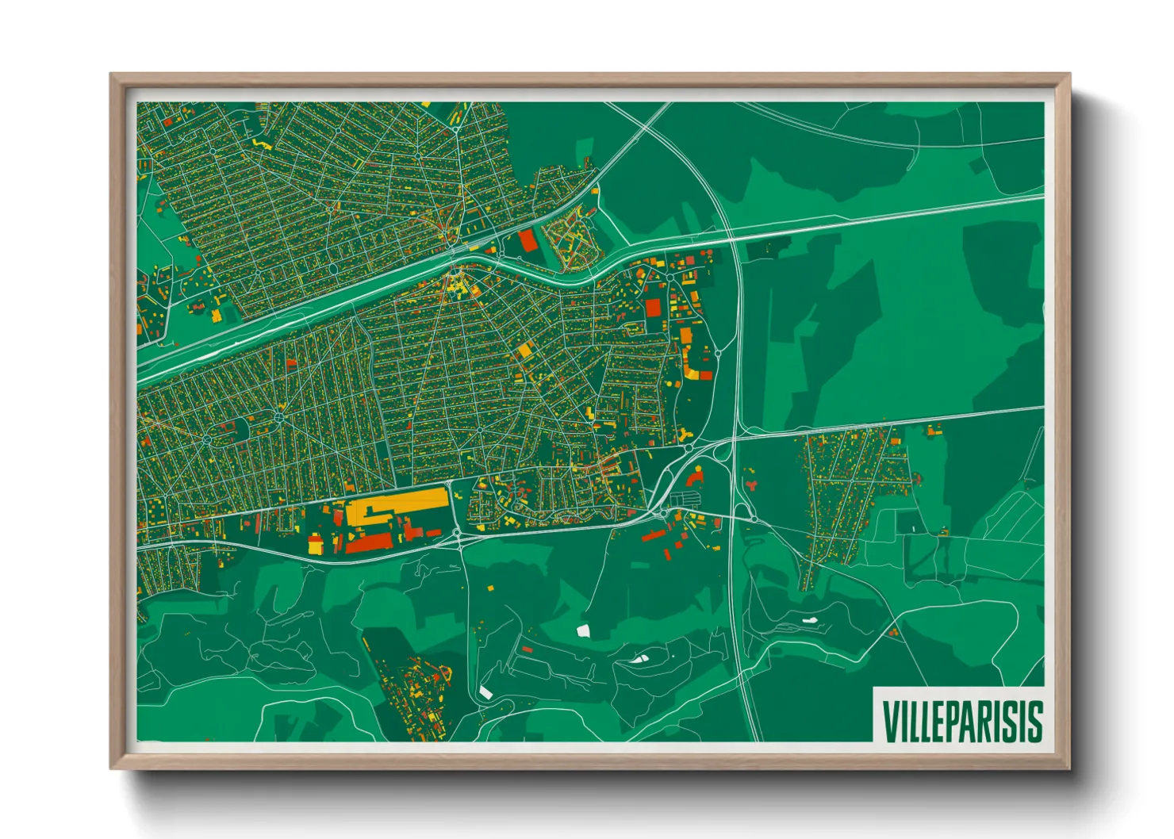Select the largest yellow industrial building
[397, 505]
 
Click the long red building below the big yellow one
[370, 542]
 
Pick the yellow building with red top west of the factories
[316, 544]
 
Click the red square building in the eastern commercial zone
[653, 308]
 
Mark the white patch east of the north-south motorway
[810, 620]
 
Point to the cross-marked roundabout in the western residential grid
[279, 416]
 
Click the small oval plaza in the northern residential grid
[333, 268]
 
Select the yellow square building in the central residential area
[524, 349]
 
